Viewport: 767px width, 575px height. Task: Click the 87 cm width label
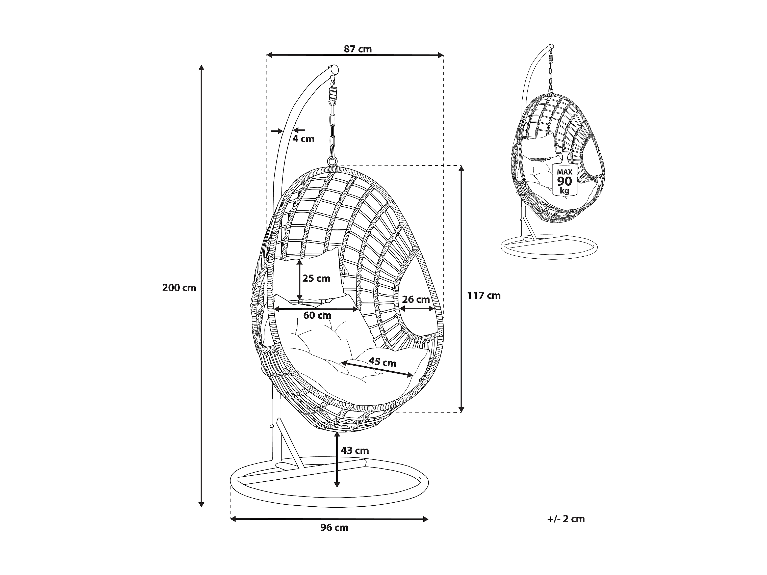coord(357,49)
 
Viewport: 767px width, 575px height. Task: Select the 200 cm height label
coord(179,288)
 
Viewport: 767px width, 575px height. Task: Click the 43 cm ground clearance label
coord(354,451)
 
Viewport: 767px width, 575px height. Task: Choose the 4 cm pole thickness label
coord(303,139)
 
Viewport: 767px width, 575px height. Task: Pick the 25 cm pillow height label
coord(316,278)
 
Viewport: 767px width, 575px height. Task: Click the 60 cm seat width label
coord(317,315)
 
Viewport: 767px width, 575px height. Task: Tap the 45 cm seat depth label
coord(382,362)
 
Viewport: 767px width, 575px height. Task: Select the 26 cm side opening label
coord(416,299)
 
